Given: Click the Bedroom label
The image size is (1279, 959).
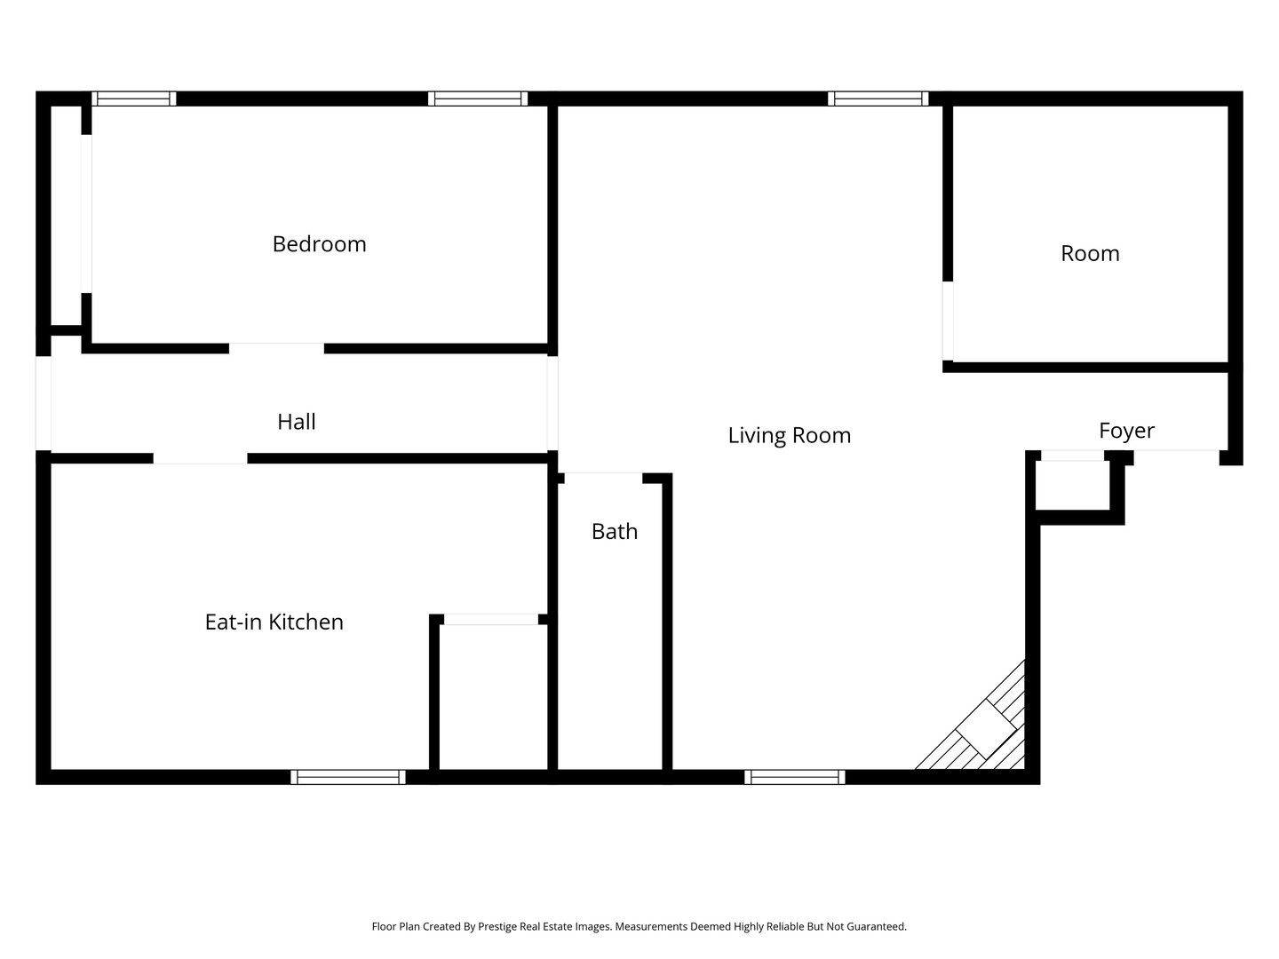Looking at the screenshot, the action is click(320, 244).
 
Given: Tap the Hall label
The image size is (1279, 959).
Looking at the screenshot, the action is click(297, 422).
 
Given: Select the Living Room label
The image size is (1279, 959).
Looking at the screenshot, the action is click(789, 435).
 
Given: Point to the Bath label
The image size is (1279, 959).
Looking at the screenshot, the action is click(614, 531).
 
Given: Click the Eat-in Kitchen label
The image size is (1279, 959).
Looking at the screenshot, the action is click(274, 622).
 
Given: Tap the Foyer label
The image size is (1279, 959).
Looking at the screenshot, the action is click(1126, 431).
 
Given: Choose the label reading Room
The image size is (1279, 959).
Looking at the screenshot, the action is click(1090, 253).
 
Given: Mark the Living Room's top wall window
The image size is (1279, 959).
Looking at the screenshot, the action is click(878, 99).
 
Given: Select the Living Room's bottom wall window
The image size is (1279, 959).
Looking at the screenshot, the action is click(794, 777).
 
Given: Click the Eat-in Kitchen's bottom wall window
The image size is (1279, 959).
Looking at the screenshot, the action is click(348, 777).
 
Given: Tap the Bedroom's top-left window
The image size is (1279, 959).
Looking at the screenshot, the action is click(133, 99).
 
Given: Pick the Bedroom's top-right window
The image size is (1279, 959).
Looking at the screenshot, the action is click(478, 99).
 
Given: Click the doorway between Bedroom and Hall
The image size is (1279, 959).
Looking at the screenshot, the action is click(276, 348).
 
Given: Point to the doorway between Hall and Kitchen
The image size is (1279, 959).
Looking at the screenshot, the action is click(200, 458).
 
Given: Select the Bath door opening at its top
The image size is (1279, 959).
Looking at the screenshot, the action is click(603, 478).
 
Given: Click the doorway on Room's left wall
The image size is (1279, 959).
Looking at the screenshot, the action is click(948, 321).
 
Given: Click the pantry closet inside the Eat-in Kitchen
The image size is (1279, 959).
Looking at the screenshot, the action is click(493, 697).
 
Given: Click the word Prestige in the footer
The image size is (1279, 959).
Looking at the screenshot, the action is click(497, 926).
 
